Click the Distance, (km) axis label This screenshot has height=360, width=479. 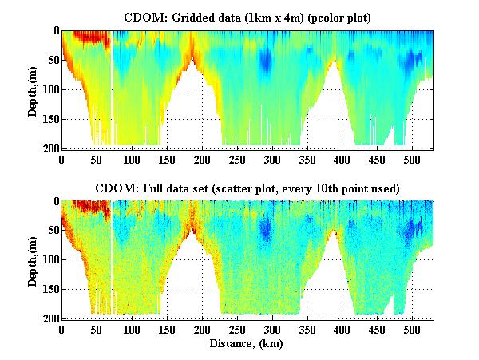tap(247, 345)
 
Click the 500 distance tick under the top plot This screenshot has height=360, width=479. tap(412, 159)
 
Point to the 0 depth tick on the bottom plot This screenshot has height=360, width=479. tap(55, 202)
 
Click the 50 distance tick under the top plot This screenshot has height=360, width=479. tap(97, 159)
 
